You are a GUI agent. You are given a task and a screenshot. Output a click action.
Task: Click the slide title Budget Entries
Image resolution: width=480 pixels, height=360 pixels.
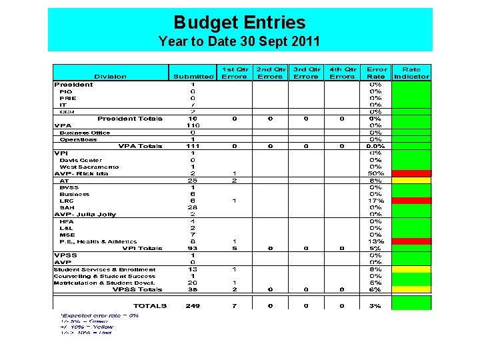pos(239,23)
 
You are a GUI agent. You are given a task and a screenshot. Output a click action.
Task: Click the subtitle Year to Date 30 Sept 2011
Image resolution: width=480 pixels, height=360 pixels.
pos(239,41)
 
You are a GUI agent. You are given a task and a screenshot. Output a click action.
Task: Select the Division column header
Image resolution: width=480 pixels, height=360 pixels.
pos(110,77)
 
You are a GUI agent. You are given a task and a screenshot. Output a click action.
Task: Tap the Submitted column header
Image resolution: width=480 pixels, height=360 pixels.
pos(193,77)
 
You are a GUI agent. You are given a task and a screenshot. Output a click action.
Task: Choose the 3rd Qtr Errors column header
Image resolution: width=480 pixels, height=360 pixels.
pos(305,73)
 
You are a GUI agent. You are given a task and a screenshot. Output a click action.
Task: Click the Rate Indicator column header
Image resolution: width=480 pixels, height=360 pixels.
pos(411,73)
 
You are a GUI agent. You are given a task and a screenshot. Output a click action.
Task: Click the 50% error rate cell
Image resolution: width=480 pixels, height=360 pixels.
pos(375,173)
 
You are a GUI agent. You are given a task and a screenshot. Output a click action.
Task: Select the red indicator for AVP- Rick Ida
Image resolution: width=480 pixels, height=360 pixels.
pos(411,173)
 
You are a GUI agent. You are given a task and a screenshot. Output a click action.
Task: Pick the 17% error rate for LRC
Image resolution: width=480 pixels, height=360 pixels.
pos(375,201)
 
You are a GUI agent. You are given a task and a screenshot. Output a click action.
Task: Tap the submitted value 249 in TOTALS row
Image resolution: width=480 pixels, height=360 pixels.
pos(193,306)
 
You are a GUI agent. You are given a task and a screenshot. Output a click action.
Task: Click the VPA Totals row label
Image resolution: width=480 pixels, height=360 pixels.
pos(140,146)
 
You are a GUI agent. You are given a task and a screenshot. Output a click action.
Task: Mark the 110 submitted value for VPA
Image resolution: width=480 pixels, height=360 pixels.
pos(193,125)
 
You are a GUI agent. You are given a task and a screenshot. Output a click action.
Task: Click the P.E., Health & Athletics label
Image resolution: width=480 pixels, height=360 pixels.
pos(98,242)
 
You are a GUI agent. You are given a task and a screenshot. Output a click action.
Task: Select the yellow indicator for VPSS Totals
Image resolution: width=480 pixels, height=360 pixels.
pos(411,289)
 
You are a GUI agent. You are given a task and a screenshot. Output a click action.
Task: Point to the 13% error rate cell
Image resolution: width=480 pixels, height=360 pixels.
pos(375,242)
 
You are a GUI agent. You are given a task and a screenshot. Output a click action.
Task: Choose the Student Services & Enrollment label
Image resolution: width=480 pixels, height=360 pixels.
pos(104,269)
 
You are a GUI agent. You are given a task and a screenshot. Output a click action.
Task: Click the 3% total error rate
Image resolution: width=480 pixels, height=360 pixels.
pos(375,306)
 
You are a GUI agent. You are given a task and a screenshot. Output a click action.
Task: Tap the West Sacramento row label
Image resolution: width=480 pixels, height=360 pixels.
pos(89,167)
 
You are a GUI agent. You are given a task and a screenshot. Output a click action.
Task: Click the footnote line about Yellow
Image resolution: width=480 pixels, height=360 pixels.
pos(87,327)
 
